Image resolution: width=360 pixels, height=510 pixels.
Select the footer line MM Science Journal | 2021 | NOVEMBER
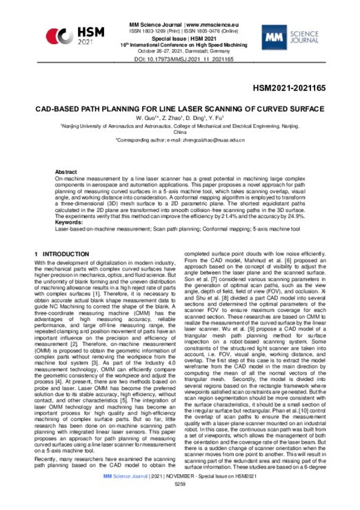click(181, 494)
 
